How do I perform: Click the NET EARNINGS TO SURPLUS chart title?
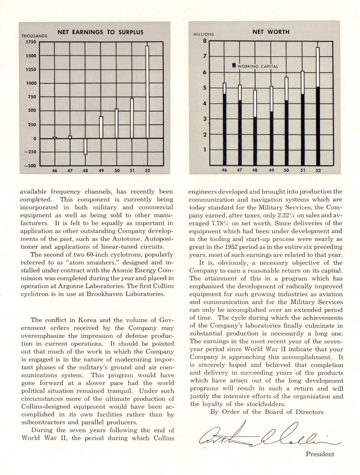(x=100, y=32)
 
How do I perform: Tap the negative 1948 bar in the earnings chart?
(x=85, y=146)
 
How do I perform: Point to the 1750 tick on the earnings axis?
(x=30, y=42)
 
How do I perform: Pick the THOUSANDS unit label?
(x=34, y=36)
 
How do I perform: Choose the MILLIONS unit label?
(x=203, y=35)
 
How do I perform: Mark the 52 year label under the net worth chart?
(x=318, y=171)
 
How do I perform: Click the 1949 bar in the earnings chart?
(x=101, y=127)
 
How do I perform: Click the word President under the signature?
(x=320, y=454)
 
